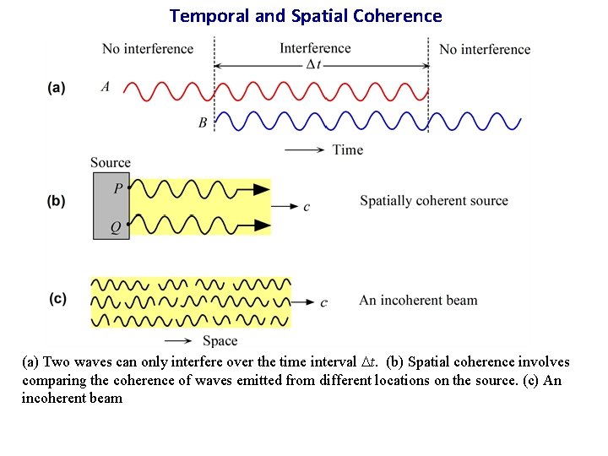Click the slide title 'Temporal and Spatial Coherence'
click(x=306, y=15)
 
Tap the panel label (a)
click(x=57, y=87)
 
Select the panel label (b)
click(x=57, y=201)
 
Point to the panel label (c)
click(x=57, y=298)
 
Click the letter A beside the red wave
click(x=106, y=86)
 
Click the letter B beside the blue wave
click(x=203, y=122)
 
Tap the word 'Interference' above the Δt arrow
click(x=315, y=47)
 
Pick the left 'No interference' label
click(x=148, y=48)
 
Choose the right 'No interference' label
click(x=485, y=49)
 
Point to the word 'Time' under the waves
click(x=348, y=149)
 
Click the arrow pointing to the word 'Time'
click(x=305, y=150)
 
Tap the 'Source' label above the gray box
click(x=111, y=162)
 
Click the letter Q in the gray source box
click(x=117, y=228)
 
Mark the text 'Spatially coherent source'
click(x=434, y=201)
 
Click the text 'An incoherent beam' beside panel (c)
click(x=418, y=300)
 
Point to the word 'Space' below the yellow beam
click(x=220, y=341)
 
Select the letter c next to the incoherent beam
click(x=324, y=302)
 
